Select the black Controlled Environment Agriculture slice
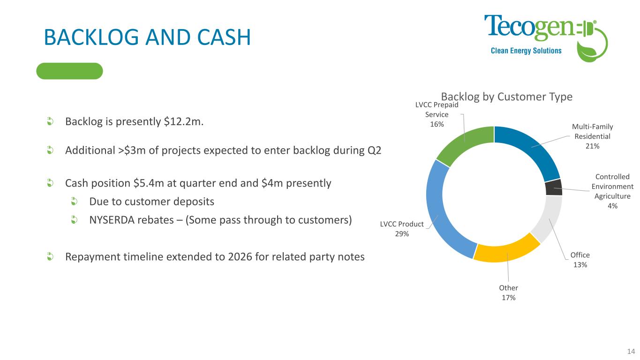click(554, 187)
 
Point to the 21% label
click(592, 146)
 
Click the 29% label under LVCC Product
click(402, 234)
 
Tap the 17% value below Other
click(509, 298)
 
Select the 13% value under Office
click(580, 265)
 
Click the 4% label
click(612, 206)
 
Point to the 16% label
click(437, 124)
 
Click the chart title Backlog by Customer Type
click(506, 97)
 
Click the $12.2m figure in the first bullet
click(183, 122)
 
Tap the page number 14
click(631, 352)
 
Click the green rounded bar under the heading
click(69, 71)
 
